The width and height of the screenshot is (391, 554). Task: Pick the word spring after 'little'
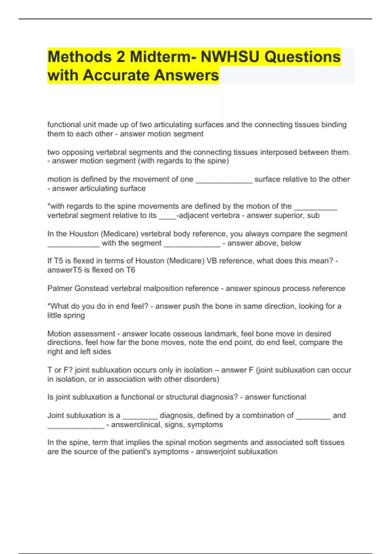(x=75, y=315)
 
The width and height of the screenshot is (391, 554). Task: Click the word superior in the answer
(x=291, y=215)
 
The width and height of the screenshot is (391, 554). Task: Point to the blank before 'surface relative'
(x=224, y=180)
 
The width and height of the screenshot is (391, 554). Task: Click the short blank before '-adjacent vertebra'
(x=167, y=216)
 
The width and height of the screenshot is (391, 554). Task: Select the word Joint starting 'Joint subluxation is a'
(x=56, y=415)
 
